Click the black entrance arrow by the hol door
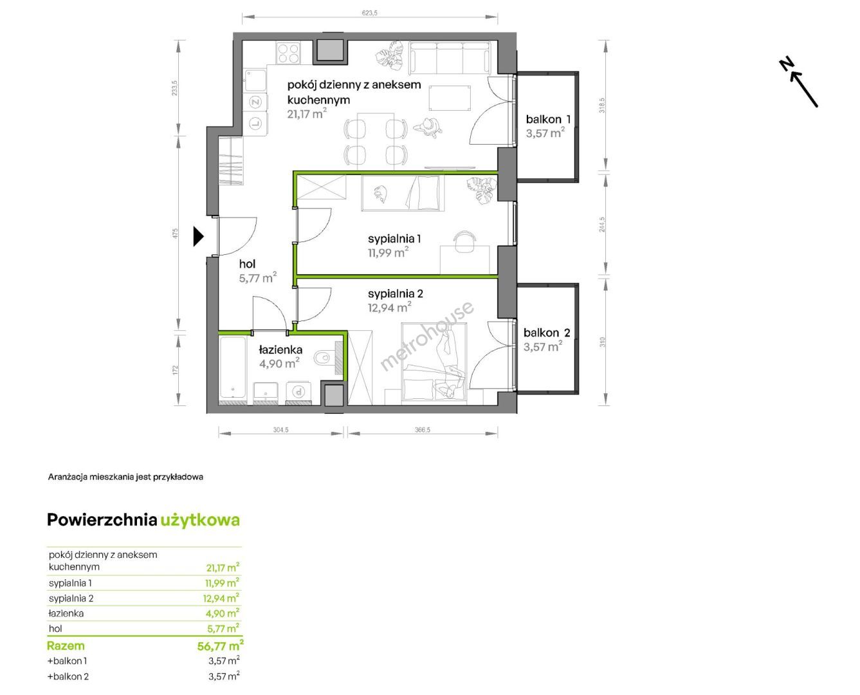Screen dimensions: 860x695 (x=198, y=236)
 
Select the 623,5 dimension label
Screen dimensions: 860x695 (x=369, y=13)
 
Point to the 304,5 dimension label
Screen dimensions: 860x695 (x=280, y=430)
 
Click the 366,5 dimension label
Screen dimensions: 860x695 (x=423, y=430)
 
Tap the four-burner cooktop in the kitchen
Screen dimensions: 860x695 (x=288, y=53)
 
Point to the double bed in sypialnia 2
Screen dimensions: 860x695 (x=434, y=364)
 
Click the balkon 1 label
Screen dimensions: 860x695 (x=548, y=119)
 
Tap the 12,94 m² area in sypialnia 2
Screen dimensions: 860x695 (x=389, y=308)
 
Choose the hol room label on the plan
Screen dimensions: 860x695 (x=247, y=264)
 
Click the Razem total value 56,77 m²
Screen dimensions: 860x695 (x=220, y=645)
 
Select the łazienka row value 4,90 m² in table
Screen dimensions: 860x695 (x=223, y=613)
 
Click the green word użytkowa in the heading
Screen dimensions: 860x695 (x=200, y=520)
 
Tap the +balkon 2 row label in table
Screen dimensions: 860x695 (x=68, y=676)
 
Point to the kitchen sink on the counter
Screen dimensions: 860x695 (x=255, y=80)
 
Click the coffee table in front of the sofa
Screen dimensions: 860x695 (x=450, y=98)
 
